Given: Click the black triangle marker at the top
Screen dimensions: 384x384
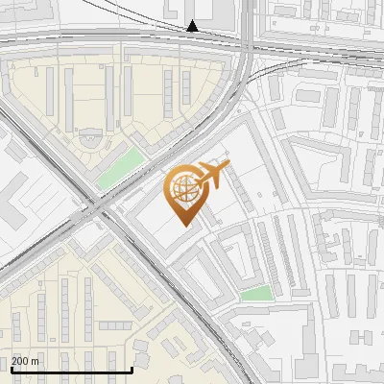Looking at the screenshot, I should [x=193, y=27].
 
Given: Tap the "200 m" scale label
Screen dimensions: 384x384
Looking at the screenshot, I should [x=26, y=361].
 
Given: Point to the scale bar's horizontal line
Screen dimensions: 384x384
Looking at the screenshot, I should [x=71, y=370].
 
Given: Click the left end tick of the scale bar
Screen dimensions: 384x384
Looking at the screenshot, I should [x=12, y=368].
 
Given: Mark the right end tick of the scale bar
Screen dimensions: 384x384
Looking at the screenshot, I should [x=132, y=368].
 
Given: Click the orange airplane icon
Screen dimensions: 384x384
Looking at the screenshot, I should [x=212, y=175].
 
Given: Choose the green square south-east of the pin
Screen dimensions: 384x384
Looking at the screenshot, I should [x=255, y=294].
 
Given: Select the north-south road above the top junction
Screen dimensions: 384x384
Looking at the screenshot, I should [x=248, y=14].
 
